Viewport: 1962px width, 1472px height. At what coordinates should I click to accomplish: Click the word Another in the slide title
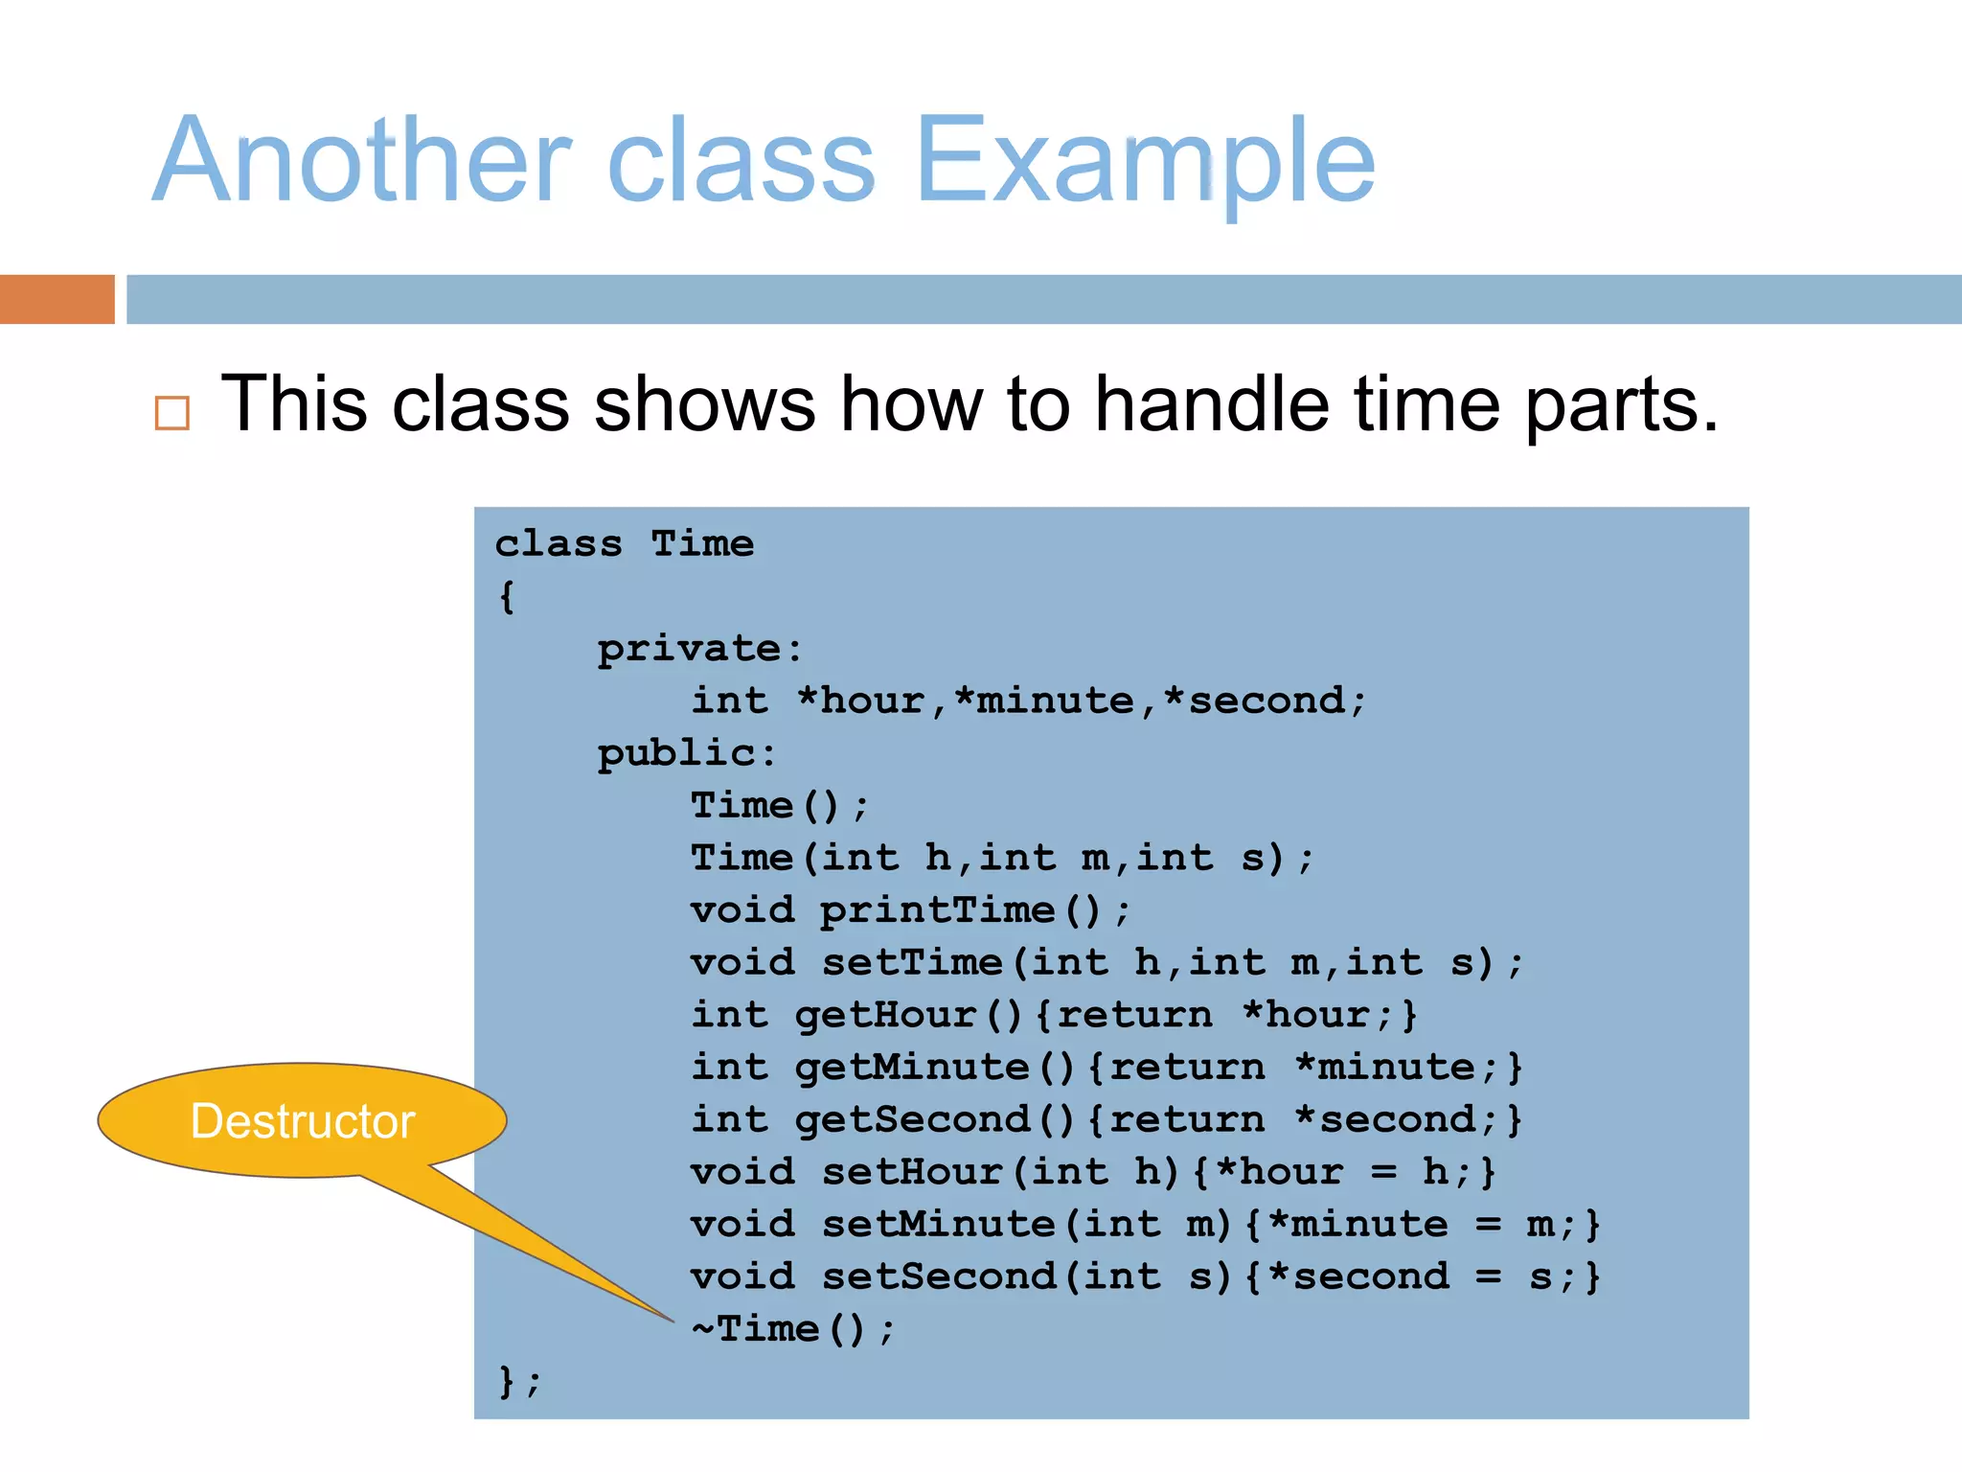tap(363, 160)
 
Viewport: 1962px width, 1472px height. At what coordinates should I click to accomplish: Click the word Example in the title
tap(1146, 160)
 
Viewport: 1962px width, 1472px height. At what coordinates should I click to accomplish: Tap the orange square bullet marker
tap(172, 413)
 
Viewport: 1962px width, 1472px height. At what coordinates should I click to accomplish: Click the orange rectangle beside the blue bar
tap(57, 299)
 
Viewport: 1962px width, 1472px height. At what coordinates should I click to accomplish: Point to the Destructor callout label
tap(303, 1121)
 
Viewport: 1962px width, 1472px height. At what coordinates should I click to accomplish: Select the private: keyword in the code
tap(699, 649)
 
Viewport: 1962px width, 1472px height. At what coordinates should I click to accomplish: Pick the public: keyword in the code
tap(686, 753)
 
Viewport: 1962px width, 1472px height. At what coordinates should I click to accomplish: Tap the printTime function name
tap(937, 910)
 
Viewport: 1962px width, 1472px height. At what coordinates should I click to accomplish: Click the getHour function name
tap(885, 1015)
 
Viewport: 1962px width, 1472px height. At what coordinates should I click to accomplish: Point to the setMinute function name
tap(938, 1224)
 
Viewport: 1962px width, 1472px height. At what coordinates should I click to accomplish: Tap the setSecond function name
tap(938, 1276)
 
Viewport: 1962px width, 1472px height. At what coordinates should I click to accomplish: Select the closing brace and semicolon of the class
tap(519, 1382)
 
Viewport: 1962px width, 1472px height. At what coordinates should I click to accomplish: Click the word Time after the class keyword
tap(702, 544)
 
